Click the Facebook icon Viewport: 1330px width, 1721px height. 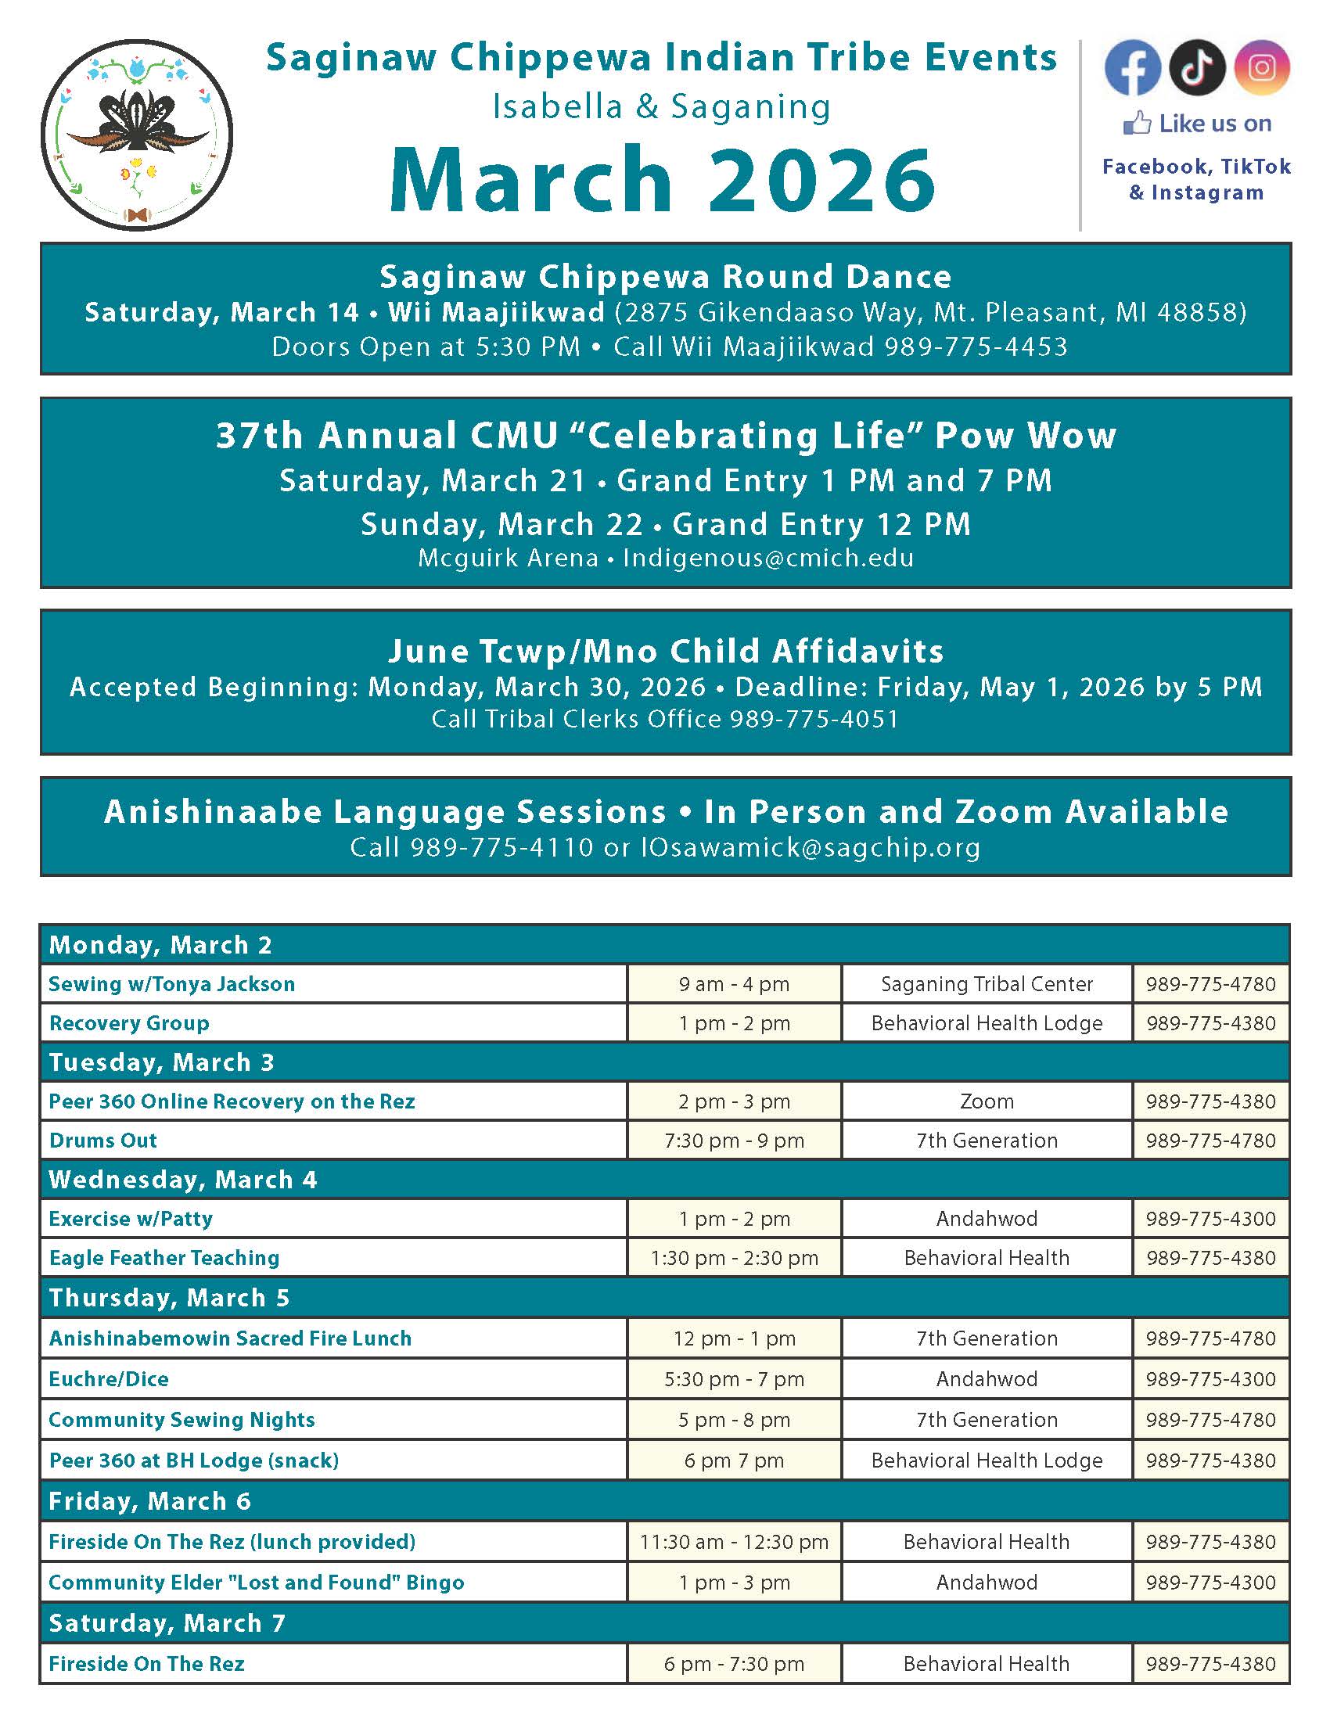(1132, 67)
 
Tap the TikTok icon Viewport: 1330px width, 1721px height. (1197, 67)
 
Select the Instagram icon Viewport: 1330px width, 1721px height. (1261, 67)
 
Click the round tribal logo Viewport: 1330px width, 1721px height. (136, 135)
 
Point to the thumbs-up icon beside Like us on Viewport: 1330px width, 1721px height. (1137, 124)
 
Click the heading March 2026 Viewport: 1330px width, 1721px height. (663, 180)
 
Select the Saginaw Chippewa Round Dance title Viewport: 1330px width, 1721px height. (666, 277)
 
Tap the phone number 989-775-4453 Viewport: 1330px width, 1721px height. (976, 347)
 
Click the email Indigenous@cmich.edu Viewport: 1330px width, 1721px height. (768, 558)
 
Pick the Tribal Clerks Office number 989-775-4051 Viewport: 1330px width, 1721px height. (814, 719)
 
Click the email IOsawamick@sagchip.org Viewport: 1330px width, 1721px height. (811, 847)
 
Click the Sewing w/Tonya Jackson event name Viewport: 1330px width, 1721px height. (172, 984)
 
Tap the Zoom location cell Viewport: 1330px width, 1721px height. (987, 1101)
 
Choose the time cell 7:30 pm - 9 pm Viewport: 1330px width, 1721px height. (734, 1141)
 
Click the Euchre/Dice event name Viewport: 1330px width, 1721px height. (109, 1379)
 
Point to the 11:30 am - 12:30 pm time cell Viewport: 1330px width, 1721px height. (734, 1541)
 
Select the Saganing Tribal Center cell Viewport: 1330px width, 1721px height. (987, 984)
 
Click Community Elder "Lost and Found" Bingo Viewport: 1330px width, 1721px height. (256, 1583)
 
